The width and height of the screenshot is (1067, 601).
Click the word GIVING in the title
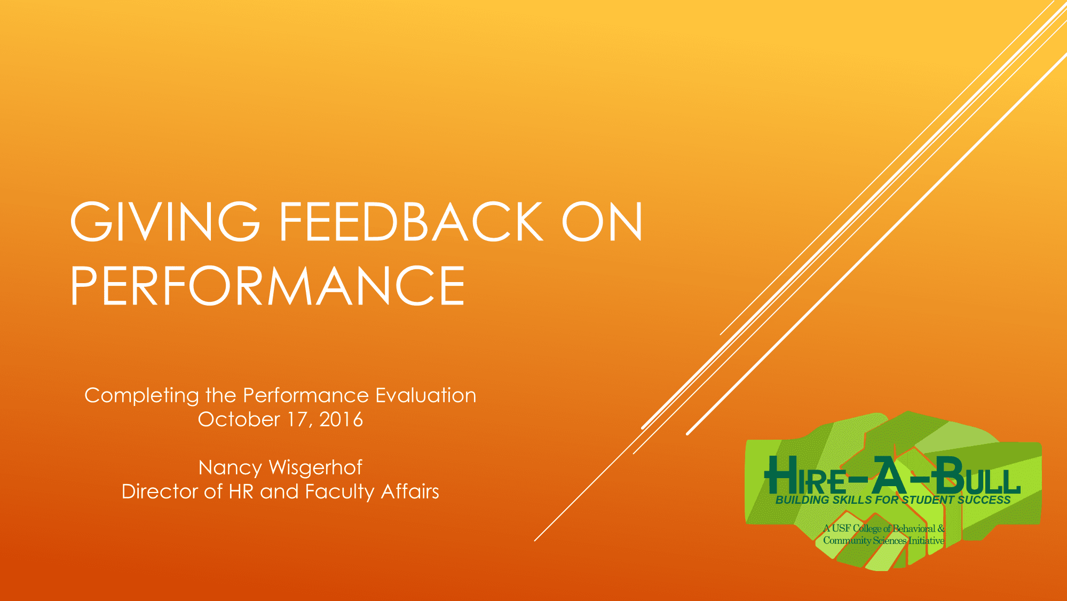click(165, 222)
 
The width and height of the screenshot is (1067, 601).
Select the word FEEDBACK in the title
click(411, 222)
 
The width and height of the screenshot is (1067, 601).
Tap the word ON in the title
click(602, 222)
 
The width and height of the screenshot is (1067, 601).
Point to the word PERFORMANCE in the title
click(267, 286)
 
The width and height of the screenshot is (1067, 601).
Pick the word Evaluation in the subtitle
click(425, 395)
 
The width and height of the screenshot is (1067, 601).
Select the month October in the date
click(239, 419)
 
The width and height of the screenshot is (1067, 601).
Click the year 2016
click(341, 419)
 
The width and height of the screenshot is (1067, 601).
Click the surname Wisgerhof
click(315, 468)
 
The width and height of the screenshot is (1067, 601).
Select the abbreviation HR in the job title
click(241, 491)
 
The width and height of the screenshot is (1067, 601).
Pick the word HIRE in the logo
click(805, 475)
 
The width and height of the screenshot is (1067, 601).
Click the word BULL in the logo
click(977, 475)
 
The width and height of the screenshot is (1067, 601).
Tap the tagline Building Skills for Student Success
click(893, 500)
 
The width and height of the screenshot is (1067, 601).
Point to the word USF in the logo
click(841, 528)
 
